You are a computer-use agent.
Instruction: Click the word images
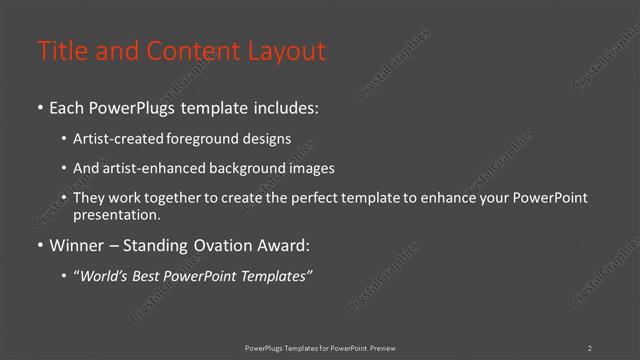pos(310,169)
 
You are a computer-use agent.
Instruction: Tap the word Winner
pos(75,244)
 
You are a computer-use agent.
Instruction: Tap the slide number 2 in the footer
pos(590,348)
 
